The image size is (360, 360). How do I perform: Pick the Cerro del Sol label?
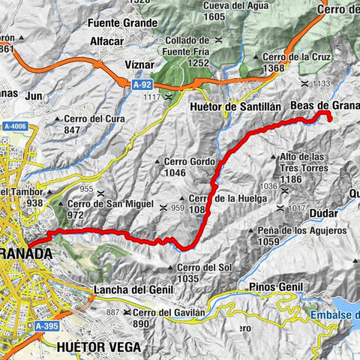[202, 268]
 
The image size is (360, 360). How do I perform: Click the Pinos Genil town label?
[274, 286]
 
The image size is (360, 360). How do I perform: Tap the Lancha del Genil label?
[123, 289]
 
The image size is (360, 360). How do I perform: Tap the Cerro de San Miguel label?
[109, 203]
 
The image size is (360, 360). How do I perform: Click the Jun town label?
[34, 96]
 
